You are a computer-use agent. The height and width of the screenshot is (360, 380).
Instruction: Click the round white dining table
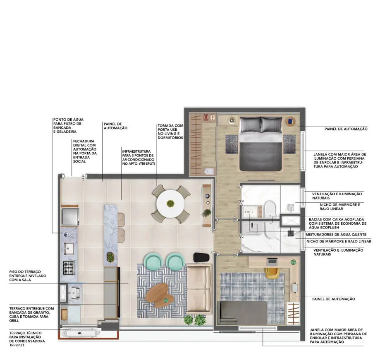170,204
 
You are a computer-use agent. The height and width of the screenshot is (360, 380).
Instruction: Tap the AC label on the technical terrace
80,332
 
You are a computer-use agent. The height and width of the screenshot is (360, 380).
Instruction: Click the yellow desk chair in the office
271,272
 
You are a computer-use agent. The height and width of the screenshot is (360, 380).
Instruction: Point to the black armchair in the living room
202,257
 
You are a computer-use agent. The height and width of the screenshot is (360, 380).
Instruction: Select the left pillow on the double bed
250,125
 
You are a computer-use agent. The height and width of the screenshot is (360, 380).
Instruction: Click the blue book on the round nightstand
291,121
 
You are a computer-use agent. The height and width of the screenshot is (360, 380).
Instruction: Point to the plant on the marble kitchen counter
110,257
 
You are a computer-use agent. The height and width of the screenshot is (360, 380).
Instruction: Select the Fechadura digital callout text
85,151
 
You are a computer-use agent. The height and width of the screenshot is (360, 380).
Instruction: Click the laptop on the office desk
272,262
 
